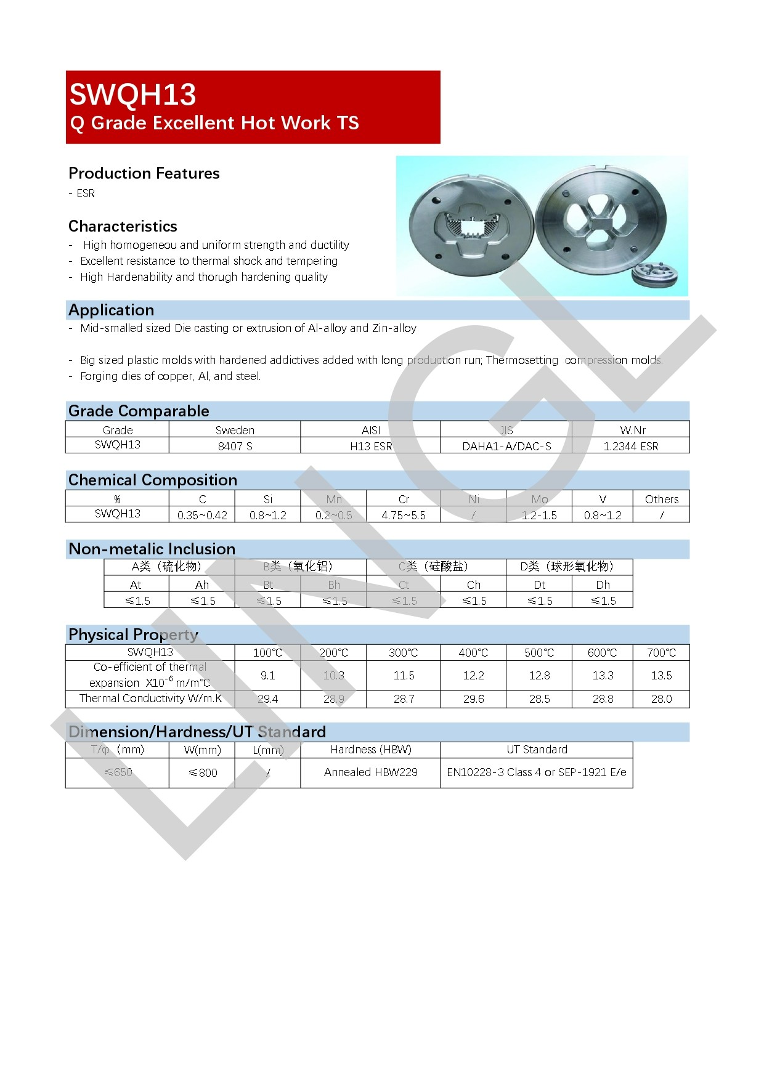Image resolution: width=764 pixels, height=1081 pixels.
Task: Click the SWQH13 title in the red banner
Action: [x=132, y=94]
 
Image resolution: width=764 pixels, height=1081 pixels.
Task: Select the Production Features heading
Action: [x=144, y=173]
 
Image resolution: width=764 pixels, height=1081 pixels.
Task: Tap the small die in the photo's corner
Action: [x=655, y=275]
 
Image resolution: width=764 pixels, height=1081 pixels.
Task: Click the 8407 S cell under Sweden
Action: [x=235, y=446]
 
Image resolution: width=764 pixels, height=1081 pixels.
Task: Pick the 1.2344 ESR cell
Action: [x=630, y=446]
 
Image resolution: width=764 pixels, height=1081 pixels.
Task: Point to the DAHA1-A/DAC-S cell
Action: [x=506, y=446]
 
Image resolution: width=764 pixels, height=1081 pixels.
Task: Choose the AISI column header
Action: [x=370, y=430]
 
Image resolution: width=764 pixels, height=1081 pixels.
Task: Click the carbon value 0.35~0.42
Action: [x=202, y=515]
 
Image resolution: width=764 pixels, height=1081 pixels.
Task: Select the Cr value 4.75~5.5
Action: [x=403, y=515]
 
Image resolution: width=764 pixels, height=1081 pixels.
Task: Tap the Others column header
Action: [x=661, y=499]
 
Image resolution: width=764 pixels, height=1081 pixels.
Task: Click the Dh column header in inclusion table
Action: [x=603, y=585]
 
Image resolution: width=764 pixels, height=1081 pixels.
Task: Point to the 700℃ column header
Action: [x=661, y=652]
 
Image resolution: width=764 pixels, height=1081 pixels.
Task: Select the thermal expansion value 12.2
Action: [x=473, y=675]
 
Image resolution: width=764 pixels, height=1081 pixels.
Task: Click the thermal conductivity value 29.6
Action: [x=473, y=698]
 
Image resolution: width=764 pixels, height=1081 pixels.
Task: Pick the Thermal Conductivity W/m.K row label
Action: [x=150, y=698]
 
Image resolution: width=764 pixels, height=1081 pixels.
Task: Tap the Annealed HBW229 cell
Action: [x=370, y=772]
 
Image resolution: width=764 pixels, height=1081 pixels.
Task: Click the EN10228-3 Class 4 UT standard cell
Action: [x=536, y=772]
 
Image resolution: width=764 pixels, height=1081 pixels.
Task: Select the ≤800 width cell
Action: [x=202, y=772]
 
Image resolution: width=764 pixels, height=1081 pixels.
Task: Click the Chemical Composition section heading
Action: [x=153, y=480]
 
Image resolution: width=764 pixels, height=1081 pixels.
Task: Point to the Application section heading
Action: [x=112, y=310]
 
